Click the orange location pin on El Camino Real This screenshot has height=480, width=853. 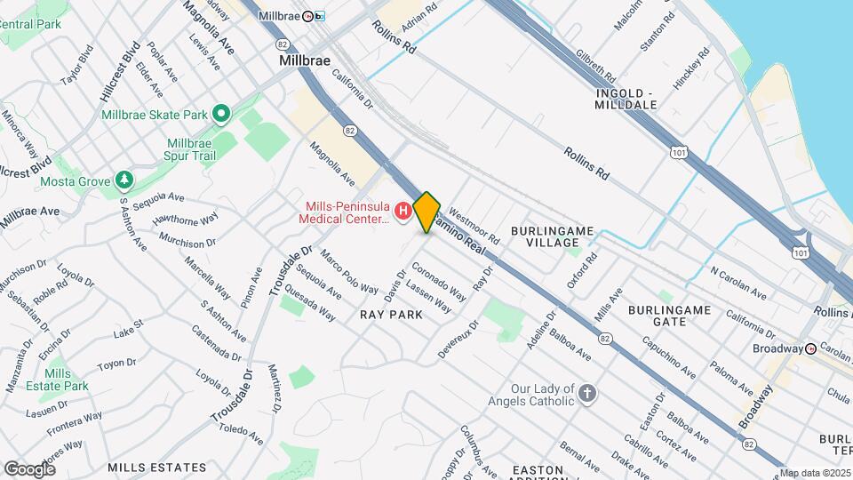[426, 212]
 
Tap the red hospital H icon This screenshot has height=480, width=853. [403, 212]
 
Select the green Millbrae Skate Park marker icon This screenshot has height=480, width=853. [221, 115]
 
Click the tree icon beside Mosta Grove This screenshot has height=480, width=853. [124, 181]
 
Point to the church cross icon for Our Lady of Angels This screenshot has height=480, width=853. [586, 394]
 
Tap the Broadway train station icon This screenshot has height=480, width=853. [810, 348]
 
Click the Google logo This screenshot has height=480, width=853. [29, 468]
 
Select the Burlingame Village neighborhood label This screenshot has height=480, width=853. [552, 236]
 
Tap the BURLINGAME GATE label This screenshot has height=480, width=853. [669, 316]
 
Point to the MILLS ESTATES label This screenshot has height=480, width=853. [157, 467]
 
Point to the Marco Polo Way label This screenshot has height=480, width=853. [349, 272]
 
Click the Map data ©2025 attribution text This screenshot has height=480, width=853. [815, 473]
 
